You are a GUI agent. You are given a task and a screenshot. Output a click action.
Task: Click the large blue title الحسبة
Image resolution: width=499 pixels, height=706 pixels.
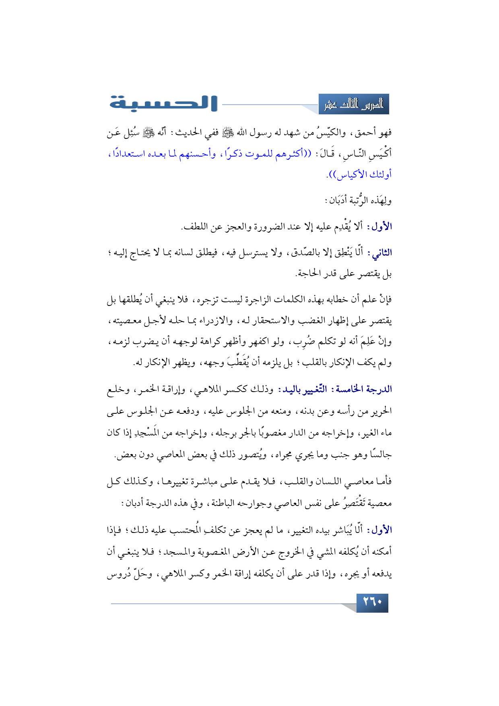coord(163,103)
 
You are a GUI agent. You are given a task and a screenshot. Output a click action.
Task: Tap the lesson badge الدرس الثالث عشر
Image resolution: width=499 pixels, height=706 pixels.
coord(354,105)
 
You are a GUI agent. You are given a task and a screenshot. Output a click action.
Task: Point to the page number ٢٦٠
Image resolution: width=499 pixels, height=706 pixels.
coord(372,603)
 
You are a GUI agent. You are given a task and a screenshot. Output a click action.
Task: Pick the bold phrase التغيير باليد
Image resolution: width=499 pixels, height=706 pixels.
coord(305,389)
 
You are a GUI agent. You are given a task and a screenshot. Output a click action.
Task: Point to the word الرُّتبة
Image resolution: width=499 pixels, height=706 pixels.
coord(357,200)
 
